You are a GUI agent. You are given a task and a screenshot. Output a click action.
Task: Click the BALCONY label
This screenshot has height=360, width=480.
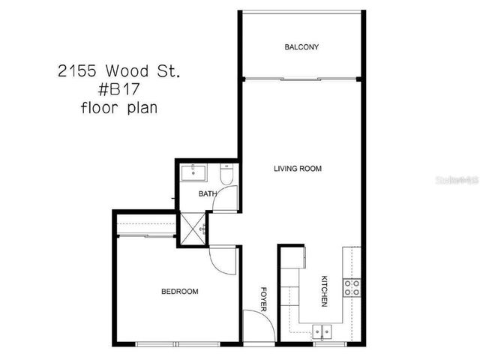(301, 47)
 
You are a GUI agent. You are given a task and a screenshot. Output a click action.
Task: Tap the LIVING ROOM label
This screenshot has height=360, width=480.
(297, 169)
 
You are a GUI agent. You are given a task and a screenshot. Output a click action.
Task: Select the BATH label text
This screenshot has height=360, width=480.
(208, 194)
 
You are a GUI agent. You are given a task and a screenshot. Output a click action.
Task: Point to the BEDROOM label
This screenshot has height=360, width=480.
(180, 291)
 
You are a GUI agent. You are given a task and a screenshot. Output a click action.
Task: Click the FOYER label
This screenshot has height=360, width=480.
(263, 298)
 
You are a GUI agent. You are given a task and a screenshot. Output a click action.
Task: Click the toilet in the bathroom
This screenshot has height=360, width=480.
(227, 176)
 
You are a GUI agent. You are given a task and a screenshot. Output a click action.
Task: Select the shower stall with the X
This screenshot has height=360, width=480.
(192, 229)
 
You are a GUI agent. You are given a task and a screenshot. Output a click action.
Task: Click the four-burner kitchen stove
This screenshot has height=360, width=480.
(352, 286)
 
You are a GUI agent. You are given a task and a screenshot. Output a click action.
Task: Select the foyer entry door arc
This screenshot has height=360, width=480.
(255, 327)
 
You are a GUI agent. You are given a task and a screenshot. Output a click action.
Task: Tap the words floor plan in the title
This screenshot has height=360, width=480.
(119, 108)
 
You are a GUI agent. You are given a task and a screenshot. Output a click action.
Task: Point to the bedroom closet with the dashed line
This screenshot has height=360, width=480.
(145, 228)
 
